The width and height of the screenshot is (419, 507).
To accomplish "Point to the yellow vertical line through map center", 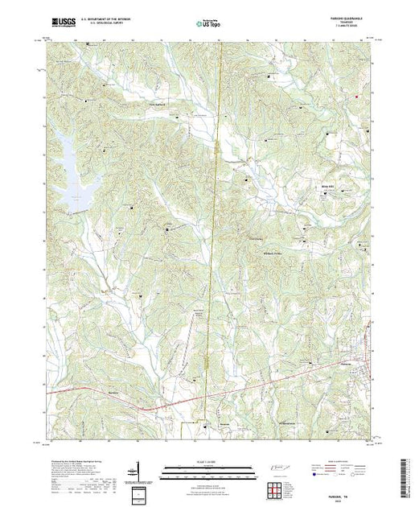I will pos(211,241).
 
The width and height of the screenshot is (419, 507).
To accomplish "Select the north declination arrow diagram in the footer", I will pos(139,471).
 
